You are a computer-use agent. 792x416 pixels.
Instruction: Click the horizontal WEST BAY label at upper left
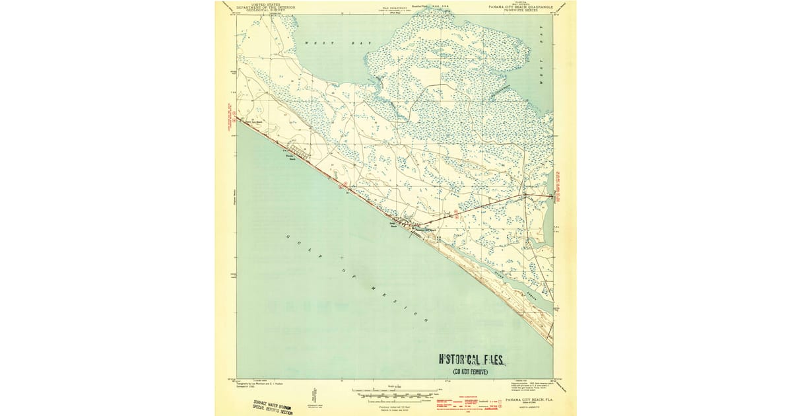(x=338, y=43)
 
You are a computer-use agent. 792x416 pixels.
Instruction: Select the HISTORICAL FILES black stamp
(x=472, y=360)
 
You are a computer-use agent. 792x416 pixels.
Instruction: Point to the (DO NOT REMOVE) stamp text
(x=470, y=372)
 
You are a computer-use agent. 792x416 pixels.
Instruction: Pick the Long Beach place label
(x=393, y=226)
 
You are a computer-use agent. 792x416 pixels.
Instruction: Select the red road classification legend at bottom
(x=462, y=401)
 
